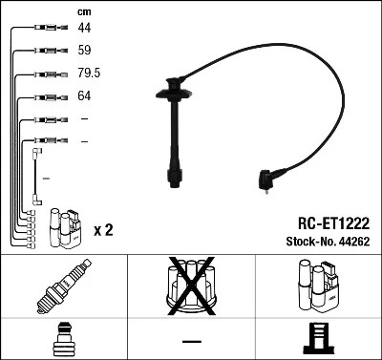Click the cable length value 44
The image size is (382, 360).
coord(83,29)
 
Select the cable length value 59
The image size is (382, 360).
coord(83,51)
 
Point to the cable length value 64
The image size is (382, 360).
coord(83,95)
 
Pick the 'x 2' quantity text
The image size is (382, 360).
coord(104,229)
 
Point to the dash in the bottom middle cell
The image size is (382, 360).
coord(191,341)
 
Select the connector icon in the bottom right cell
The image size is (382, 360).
coord(319,340)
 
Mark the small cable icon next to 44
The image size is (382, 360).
coord(44,29)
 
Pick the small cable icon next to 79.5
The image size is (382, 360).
coord(44,74)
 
